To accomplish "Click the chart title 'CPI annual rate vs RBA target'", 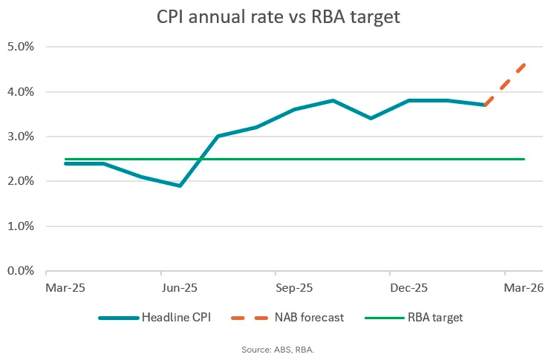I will tap(278, 16).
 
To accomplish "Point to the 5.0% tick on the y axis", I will tap(21, 47).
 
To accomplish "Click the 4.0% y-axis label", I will tap(21, 92).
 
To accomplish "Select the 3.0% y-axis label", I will tap(21, 137).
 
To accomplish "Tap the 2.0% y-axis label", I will tap(21, 181).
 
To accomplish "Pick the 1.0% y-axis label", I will tap(21, 226).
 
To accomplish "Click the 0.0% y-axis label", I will tap(21, 271).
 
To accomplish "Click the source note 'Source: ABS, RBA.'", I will tap(277, 349).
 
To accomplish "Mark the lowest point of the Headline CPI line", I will tap(180, 186).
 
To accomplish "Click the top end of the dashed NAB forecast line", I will tap(524, 65).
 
